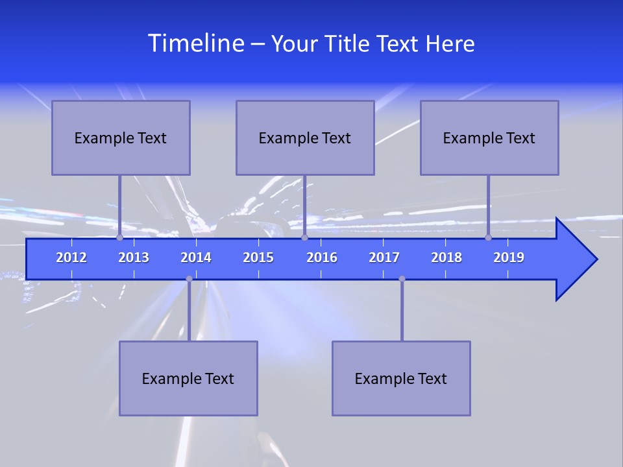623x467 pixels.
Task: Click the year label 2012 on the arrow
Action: click(71, 257)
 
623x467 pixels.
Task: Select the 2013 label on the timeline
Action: click(134, 257)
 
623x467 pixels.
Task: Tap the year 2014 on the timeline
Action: click(196, 257)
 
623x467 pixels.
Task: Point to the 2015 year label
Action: click(258, 257)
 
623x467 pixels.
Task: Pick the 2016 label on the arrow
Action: click(322, 257)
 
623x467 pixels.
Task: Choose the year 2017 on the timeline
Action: click(384, 257)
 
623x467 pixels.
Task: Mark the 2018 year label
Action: click(446, 257)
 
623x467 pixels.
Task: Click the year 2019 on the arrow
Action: click(509, 257)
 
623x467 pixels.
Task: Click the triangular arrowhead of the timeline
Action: click(575, 259)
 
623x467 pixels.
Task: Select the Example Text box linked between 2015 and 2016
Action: click(305, 138)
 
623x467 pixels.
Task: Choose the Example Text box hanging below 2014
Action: click(188, 378)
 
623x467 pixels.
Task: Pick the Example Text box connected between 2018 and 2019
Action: click(489, 138)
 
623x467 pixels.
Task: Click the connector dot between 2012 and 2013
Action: click(119, 238)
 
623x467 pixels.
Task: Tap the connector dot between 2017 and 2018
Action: click(402, 279)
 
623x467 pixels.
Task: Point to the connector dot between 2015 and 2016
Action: click(304, 238)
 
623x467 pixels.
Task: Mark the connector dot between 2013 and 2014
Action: click(189, 279)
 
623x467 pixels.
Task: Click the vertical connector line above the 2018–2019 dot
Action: click(489, 204)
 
